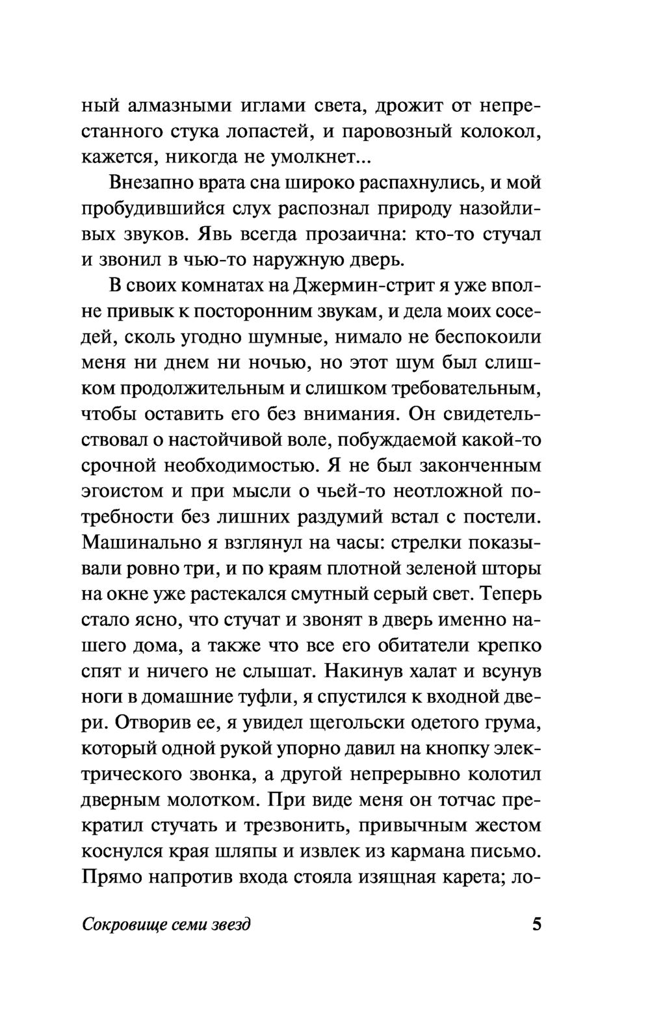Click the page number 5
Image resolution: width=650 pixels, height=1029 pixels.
pos(536,924)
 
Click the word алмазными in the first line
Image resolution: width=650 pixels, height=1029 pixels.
pos(175,106)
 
